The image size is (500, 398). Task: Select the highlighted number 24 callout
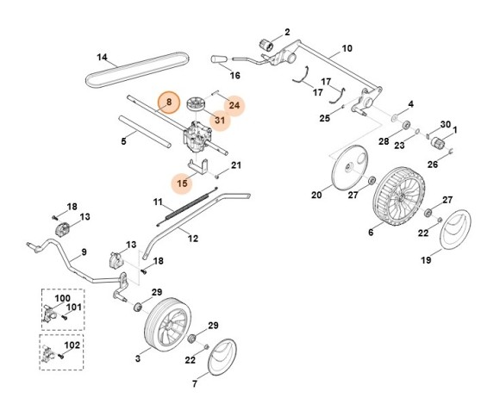coord(234,106)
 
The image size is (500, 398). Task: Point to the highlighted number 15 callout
coord(182,183)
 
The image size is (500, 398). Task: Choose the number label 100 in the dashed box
coord(62,297)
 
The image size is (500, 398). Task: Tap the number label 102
coord(72,345)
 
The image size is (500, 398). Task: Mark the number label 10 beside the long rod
coord(347,48)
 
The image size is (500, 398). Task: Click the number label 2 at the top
coord(287,31)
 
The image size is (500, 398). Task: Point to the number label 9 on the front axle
coord(84,252)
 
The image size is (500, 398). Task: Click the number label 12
coord(193,237)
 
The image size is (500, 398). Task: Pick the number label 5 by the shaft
coord(123,140)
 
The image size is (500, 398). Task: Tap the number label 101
coord(74,307)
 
